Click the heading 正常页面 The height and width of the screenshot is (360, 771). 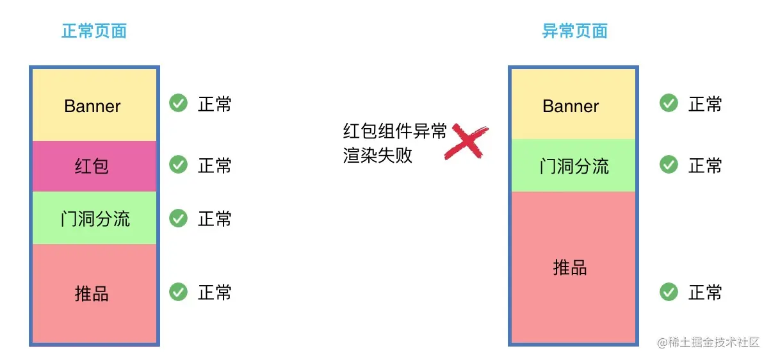(x=94, y=31)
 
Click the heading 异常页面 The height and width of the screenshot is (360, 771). (x=574, y=31)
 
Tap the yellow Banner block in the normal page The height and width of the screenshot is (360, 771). (x=93, y=105)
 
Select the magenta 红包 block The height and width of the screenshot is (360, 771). (x=93, y=167)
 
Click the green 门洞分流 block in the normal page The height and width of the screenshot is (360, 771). (x=93, y=218)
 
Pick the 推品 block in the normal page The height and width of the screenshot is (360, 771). (x=93, y=293)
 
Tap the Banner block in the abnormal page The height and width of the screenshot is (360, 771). (x=572, y=105)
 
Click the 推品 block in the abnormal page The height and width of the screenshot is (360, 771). (x=572, y=268)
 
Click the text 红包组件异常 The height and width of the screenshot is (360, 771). (x=394, y=131)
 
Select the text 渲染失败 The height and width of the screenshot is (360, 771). (x=378, y=155)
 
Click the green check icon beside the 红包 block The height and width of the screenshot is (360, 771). (x=178, y=165)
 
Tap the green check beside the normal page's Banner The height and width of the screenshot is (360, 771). (x=178, y=103)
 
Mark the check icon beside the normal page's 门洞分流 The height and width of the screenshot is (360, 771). (x=178, y=218)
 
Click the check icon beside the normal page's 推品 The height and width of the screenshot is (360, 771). (x=178, y=292)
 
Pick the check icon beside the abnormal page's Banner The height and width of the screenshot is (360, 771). (x=669, y=103)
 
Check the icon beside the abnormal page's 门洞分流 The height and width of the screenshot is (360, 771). (x=669, y=165)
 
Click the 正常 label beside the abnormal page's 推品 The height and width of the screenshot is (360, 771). (x=705, y=293)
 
